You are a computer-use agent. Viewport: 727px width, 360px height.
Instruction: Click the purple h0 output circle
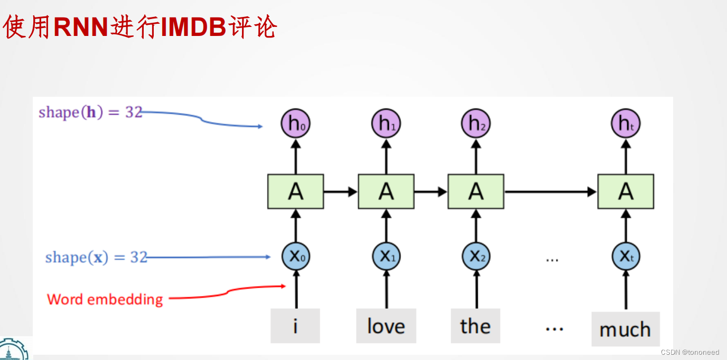295,124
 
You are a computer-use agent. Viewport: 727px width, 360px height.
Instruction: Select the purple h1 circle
386,124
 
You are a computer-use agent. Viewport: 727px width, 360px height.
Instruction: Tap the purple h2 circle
476,124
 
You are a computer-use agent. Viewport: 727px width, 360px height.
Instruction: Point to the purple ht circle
626,124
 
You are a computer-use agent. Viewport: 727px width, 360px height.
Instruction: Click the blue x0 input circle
295,257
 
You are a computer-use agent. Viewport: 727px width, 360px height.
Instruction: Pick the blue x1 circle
386,257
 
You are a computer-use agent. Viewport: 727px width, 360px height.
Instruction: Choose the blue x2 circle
476,257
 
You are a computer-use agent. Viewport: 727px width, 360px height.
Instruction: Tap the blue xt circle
626,257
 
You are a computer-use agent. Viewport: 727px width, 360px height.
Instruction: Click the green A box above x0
295,191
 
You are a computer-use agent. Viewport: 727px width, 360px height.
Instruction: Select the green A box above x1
386,191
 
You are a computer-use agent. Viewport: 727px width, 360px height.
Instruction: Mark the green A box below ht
626,191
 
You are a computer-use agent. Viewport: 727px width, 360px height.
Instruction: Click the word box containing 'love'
386,326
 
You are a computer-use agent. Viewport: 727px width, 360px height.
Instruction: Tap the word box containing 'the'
476,326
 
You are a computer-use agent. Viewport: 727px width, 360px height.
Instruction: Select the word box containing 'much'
625,329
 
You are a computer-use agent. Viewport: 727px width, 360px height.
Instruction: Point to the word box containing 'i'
295,326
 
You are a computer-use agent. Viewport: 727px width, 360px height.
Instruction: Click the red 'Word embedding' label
105,299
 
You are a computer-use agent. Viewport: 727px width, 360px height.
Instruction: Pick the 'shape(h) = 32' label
90,112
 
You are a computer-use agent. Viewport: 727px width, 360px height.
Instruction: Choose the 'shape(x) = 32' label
96,257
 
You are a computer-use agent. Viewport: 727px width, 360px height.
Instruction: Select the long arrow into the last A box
549,191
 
